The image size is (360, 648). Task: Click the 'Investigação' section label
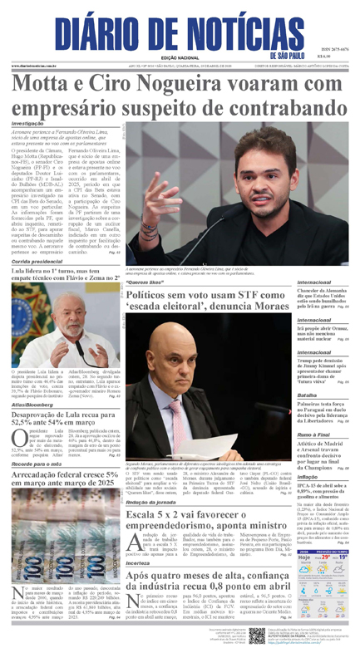tap(28, 124)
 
